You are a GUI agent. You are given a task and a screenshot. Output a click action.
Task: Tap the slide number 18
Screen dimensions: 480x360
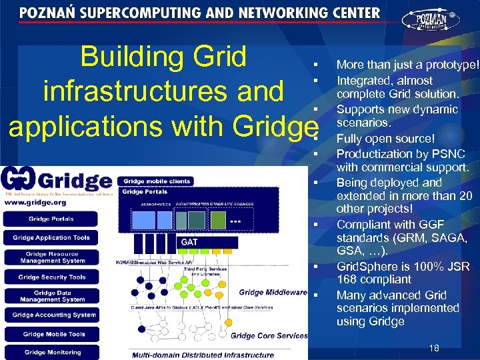pos(434,347)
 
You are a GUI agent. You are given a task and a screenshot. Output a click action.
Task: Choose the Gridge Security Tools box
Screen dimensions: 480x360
pos(52,277)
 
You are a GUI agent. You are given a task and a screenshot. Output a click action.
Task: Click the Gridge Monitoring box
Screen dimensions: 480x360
pos(53,352)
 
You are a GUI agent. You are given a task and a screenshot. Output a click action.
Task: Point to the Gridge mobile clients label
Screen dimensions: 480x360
pos(157,181)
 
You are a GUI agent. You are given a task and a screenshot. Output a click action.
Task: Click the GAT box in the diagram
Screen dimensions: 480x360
pos(190,242)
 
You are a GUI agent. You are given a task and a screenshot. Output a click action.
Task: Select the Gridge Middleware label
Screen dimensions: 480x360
pos(272,292)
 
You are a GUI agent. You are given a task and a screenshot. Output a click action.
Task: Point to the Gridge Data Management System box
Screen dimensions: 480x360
pos(52,295)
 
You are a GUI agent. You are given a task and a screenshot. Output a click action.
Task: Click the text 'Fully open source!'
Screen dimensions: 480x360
pos(385,139)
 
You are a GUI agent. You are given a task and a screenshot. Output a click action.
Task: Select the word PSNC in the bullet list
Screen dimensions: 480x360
pos(447,153)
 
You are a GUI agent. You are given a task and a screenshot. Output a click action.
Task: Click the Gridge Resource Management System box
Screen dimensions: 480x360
pos(52,257)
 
